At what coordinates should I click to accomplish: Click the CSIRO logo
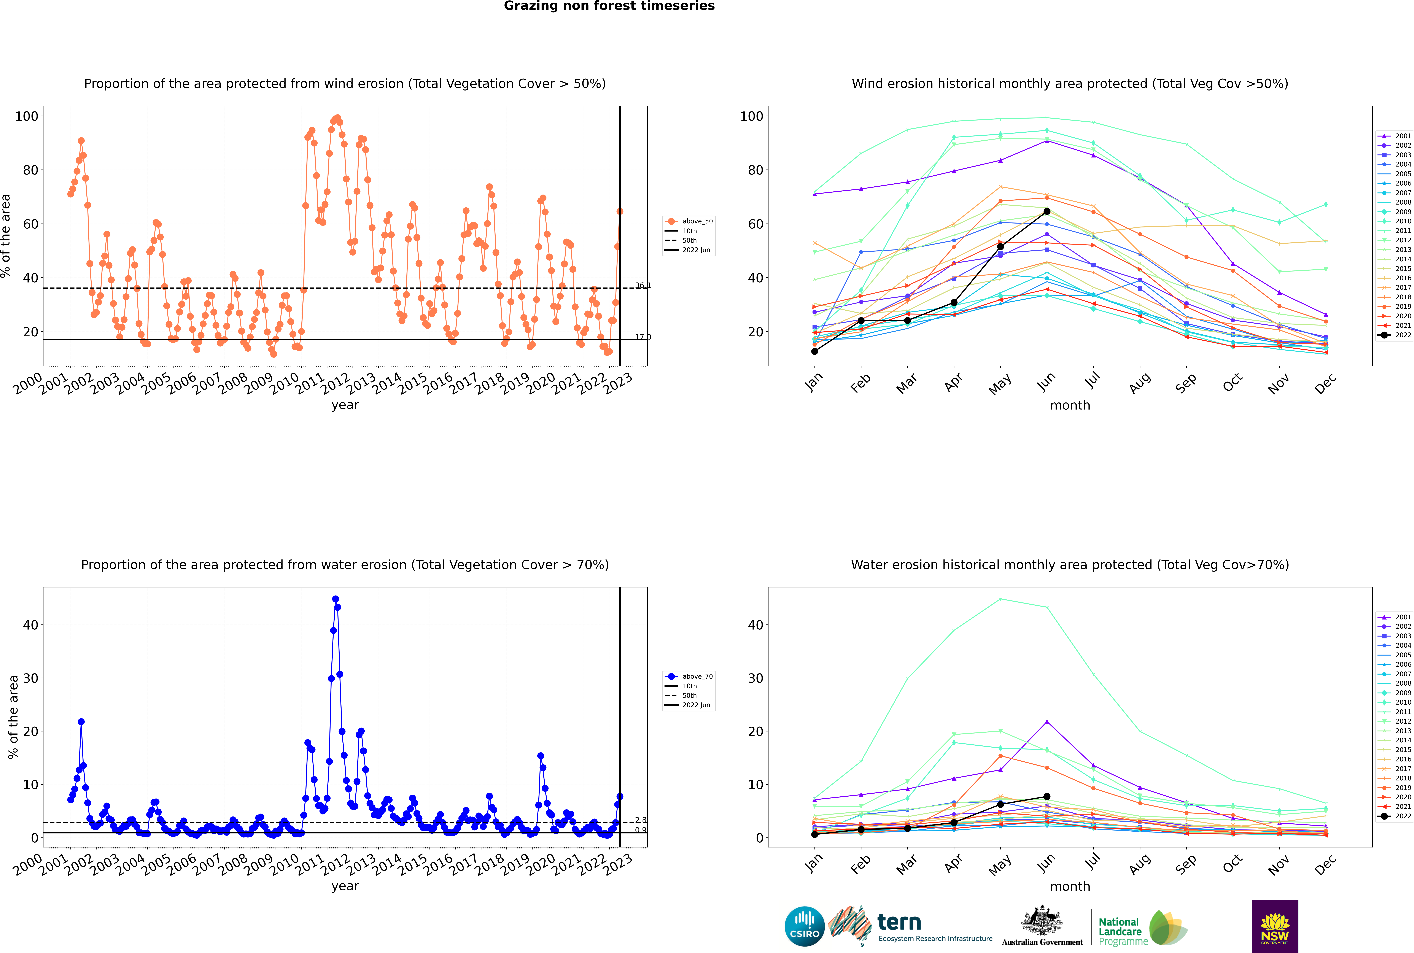pyautogui.click(x=804, y=926)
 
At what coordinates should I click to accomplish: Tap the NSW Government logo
pyautogui.click(x=1275, y=926)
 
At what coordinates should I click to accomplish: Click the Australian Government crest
pyautogui.click(x=1042, y=921)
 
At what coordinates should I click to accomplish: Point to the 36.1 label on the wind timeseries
pyautogui.click(x=643, y=286)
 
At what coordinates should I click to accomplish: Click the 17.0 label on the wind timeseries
pyautogui.click(x=643, y=337)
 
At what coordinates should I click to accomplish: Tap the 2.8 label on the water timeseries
pyautogui.click(x=641, y=821)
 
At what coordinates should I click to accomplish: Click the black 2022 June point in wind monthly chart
pyautogui.click(x=1047, y=211)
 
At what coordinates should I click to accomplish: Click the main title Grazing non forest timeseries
pyautogui.click(x=609, y=6)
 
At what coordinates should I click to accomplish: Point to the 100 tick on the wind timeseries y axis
pyautogui.click(x=27, y=116)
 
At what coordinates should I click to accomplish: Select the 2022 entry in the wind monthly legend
pyautogui.click(x=1395, y=335)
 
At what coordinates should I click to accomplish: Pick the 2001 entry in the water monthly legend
pyautogui.click(x=1395, y=617)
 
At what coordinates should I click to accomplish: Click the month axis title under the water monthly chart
pyautogui.click(x=1070, y=887)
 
